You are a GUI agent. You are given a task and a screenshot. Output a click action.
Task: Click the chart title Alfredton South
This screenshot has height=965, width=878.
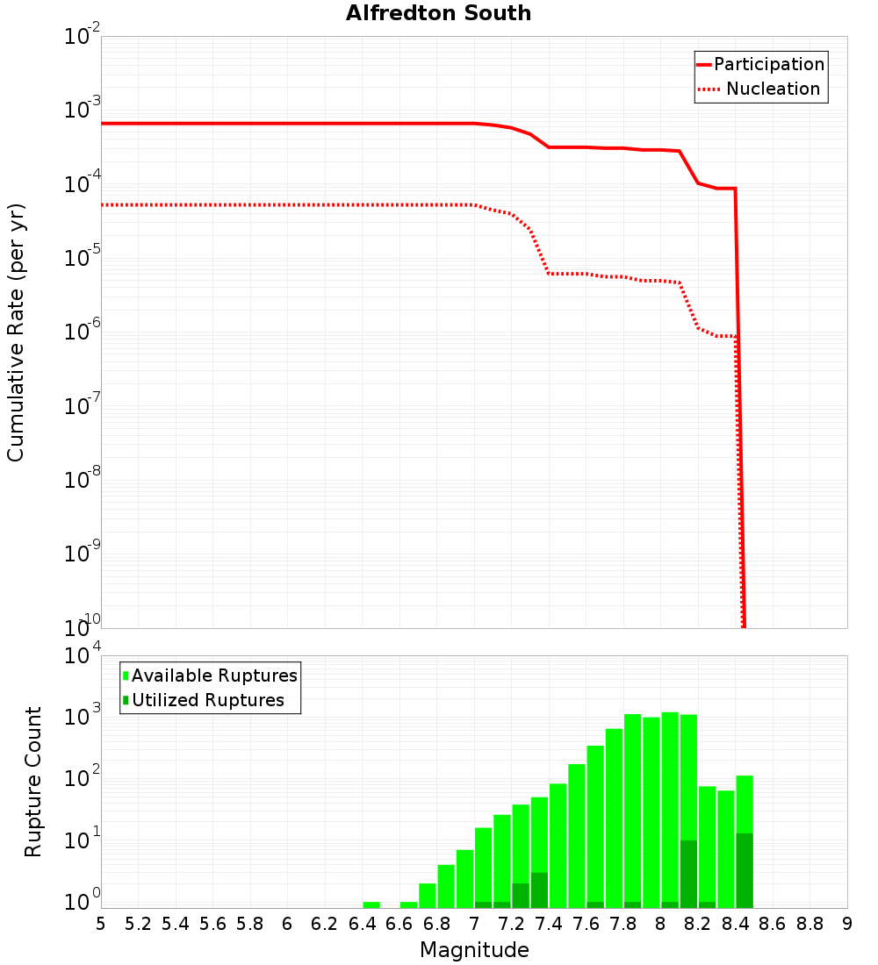click(x=438, y=13)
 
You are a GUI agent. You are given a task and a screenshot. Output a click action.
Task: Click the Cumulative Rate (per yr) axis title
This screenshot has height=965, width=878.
click(x=16, y=332)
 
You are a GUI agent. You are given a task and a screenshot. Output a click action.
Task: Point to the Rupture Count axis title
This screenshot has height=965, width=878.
click(x=33, y=782)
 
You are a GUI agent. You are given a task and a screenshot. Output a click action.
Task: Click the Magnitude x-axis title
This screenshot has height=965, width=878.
click(x=474, y=950)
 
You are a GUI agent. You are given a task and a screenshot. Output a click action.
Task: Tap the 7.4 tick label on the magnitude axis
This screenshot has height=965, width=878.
click(x=549, y=924)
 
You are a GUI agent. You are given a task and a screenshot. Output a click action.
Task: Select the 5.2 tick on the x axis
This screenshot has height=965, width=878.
click(x=139, y=924)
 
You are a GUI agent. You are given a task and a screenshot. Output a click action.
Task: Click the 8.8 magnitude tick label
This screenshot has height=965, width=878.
click(x=810, y=924)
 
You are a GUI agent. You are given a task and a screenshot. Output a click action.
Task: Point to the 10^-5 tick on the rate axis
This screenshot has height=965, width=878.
click(x=83, y=258)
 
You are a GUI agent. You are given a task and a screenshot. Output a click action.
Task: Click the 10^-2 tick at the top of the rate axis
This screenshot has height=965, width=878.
click(x=83, y=37)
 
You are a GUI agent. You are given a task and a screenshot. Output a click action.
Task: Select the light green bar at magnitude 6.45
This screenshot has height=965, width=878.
click(x=371, y=904)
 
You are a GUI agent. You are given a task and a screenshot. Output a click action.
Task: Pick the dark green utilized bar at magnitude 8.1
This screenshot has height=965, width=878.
click(x=688, y=874)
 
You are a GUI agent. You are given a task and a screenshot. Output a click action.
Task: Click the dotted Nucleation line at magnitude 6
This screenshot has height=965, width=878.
click(x=287, y=204)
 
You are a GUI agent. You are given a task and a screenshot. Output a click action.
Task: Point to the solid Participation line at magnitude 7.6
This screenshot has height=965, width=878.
click(x=586, y=147)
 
